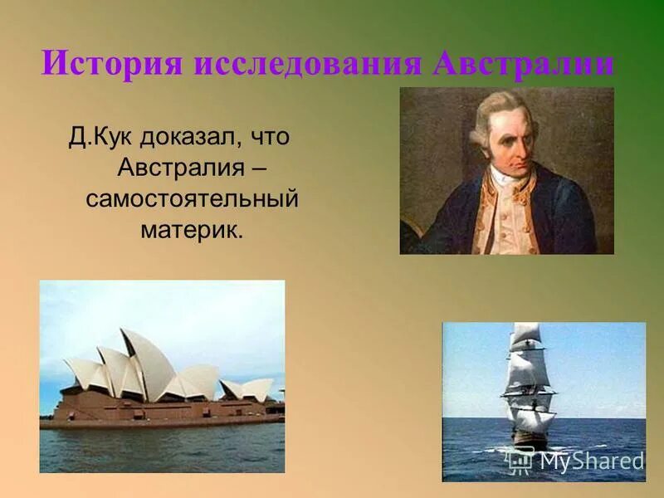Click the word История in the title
click(x=111, y=64)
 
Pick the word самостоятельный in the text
click(x=192, y=199)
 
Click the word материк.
click(x=192, y=230)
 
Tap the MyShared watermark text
click(x=592, y=461)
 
